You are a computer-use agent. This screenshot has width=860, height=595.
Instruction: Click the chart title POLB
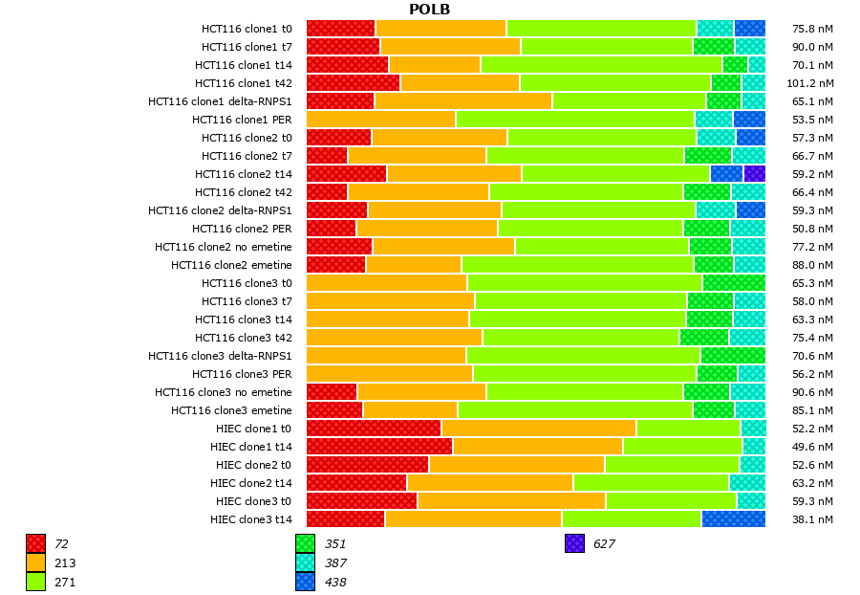pyautogui.click(x=429, y=10)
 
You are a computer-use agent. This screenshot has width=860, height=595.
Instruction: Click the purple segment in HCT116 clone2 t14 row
pyautogui.click(x=755, y=173)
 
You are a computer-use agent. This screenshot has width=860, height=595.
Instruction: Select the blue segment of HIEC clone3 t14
pyautogui.click(x=733, y=518)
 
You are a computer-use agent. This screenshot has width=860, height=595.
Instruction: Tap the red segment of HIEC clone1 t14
pyautogui.click(x=379, y=446)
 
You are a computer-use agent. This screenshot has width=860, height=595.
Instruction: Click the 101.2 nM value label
pyautogui.click(x=811, y=83)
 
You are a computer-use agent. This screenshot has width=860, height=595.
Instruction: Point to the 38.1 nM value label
pyautogui.click(x=813, y=519)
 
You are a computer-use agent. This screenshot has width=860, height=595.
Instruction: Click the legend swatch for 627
pyautogui.click(x=574, y=543)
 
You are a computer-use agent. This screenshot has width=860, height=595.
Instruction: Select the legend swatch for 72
pyautogui.click(x=35, y=543)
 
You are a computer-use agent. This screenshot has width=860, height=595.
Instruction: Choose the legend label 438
pyautogui.click(x=335, y=582)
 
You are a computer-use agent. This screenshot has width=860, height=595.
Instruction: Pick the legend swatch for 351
pyautogui.click(x=305, y=543)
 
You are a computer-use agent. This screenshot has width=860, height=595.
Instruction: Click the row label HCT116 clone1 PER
pyautogui.click(x=242, y=120)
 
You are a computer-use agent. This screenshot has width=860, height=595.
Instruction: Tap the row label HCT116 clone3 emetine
pyautogui.click(x=231, y=410)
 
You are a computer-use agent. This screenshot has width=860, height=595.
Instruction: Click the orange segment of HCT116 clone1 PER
pyautogui.click(x=380, y=119)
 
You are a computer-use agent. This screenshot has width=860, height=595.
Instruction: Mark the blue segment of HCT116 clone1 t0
pyautogui.click(x=749, y=29)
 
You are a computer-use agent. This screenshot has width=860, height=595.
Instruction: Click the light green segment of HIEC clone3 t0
pyautogui.click(x=671, y=500)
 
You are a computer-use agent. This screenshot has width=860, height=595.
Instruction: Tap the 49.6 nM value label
pyautogui.click(x=813, y=447)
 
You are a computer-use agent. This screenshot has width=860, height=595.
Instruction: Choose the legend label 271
pyautogui.click(x=66, y=582)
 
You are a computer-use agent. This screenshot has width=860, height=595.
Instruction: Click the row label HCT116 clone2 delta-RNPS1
pyautogui.click(x=220, y=210)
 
